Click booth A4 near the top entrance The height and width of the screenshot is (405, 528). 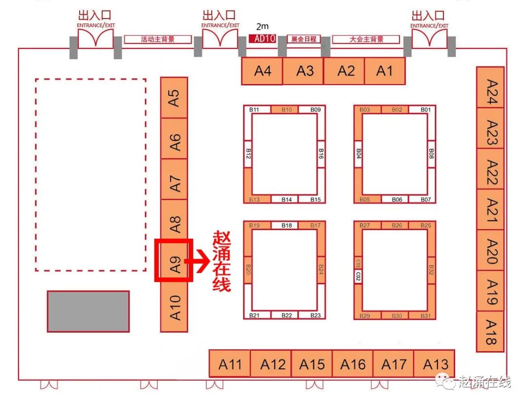pos(262,71)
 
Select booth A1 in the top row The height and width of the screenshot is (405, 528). pos(385,71)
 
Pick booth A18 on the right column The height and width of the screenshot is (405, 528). pos(490,332)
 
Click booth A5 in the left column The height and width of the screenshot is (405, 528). pos(174,97)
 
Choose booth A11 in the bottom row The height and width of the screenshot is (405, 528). pos(230,363)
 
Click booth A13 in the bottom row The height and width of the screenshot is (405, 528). pos(434,363)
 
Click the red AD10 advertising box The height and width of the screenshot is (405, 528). pos(263,39)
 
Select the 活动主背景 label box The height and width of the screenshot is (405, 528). pos(158,40)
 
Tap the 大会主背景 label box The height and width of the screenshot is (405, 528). pos(366,39)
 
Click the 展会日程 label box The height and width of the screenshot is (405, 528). pos(304,39)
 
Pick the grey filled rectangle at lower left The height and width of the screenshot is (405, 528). pos(88,311)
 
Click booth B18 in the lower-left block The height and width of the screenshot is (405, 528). pos(286,225)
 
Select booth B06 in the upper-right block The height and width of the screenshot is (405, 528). pos(397,199)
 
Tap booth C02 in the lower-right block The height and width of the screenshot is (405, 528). pos(358,277)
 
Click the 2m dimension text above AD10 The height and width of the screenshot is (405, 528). pos(263,27)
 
